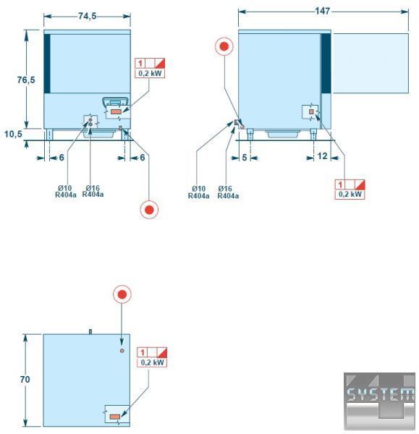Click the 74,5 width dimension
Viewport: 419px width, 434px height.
click(x=88, y=16)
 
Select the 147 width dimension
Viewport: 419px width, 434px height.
click(x=323, y=11)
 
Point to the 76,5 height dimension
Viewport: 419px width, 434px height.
click(x=26, y=80)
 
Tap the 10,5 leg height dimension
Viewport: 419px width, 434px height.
click(x=13, y=134)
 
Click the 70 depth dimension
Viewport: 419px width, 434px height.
click(x=25, y=379)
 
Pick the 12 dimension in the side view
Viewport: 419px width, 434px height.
click(x=322, y=156)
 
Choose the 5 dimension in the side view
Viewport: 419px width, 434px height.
click(x=245, y=158)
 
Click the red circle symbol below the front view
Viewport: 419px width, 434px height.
click(x=149, y=210)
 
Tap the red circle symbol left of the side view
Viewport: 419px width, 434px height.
click(x=224, y=46)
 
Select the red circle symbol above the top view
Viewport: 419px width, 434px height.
click(x=122, y=294)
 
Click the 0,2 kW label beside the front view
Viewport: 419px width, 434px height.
click(x=150, y=74)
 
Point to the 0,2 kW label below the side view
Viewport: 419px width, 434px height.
click(x=350, y=195)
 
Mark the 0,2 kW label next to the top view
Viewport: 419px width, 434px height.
click(x=152, y=362)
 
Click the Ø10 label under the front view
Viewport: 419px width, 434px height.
click(x=65, y=188)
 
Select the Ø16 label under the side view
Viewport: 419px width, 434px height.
click(x=225, y=189)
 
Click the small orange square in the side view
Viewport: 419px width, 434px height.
click(x=311, y=111)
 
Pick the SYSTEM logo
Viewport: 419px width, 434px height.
click(x=379, y=401)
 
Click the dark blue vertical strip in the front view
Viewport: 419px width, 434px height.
click(x=47, y=64)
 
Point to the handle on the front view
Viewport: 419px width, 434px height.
click(x=116, y=101)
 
